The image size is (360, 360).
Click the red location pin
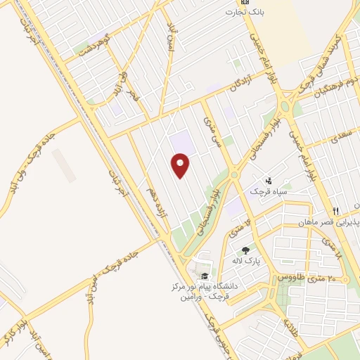tap(181, 165)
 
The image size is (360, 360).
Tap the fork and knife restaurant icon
tap(336, 211)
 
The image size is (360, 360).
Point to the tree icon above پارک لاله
tap(245, 250)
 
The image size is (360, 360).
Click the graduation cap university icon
tap(205, 276)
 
